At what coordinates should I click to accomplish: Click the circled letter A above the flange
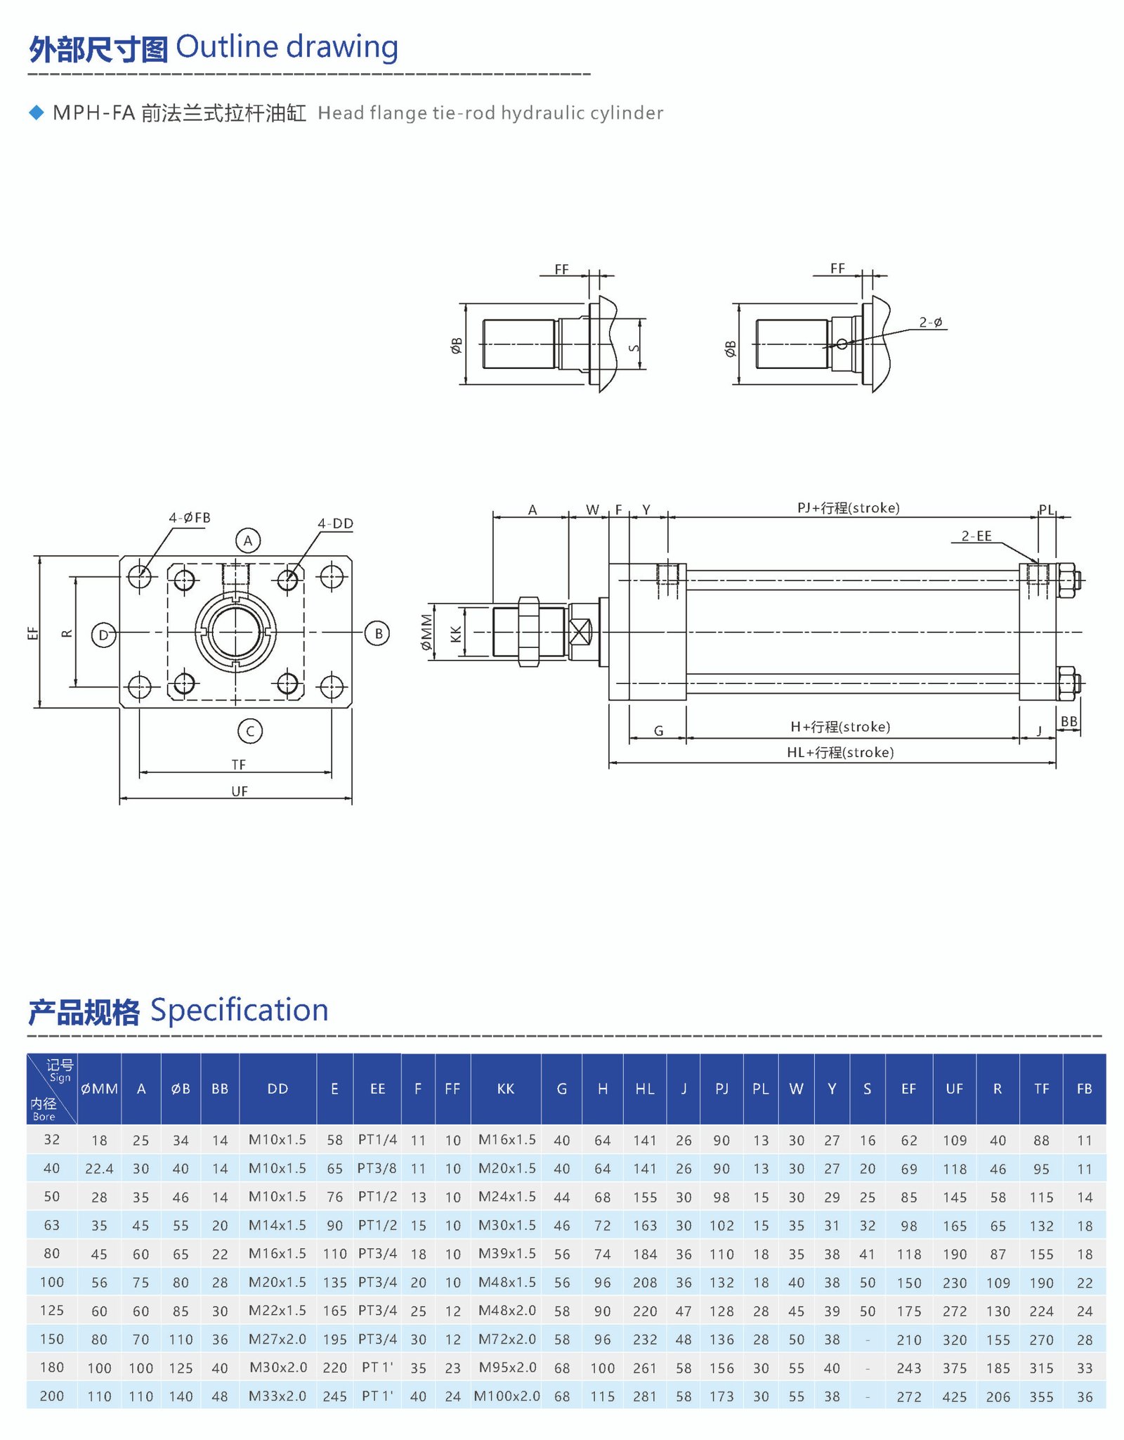[x=247, y=540]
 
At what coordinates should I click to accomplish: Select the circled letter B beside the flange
[x=377, y=633]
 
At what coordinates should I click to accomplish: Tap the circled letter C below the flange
[x=250, y=731]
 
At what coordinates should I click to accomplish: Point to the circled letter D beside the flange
[x=103, y=635]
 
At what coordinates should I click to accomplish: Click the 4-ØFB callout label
[x=190, y=518]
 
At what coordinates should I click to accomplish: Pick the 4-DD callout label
[x=335, y=524]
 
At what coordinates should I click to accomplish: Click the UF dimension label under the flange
[x=240, y=791]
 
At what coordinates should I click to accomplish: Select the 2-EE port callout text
[x=976, y=536]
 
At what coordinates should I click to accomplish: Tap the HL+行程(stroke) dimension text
[x=840, y=753]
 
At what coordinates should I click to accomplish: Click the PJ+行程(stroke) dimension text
[x=848, y=508]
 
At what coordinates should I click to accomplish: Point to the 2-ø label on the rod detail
[x=931, y=323]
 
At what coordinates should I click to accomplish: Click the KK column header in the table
[x=506, y=1089]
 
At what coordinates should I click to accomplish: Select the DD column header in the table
[x=277, y=1089]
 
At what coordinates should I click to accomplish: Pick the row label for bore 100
[x=52, y=1282]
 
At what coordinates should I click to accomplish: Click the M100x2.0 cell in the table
[x=507, y=1396]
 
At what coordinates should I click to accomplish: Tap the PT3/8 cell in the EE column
[x=377, y=1168]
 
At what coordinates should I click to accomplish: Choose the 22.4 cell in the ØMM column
[x=99, y=1169]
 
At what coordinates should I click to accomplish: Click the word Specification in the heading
[x=240, y=1010]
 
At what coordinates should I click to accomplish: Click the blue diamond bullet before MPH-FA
[x=37, y=112]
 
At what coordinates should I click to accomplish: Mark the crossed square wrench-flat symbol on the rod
[x=580, y=632]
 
